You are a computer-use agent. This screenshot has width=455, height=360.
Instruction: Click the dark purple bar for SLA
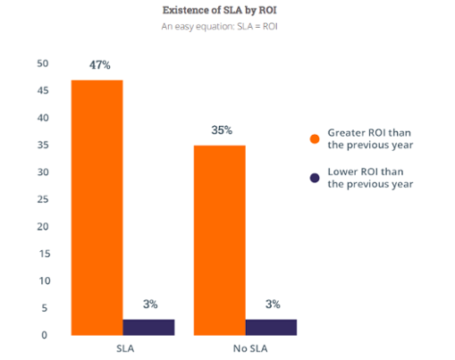pos(147,326)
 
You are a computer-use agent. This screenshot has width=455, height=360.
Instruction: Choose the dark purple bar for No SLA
pos(270,326)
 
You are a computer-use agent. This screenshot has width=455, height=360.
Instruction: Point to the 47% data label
pos(98,65)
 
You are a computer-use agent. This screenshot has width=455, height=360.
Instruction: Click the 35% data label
pos(221,130)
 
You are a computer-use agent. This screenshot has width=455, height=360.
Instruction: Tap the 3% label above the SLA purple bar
pos(148,305)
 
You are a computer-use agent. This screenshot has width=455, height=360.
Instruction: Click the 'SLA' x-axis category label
pos(123,347)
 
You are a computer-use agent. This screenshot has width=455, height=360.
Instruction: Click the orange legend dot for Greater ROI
pos(315,138)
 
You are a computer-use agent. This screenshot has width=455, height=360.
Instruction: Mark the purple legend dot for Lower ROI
pos(315,178)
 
